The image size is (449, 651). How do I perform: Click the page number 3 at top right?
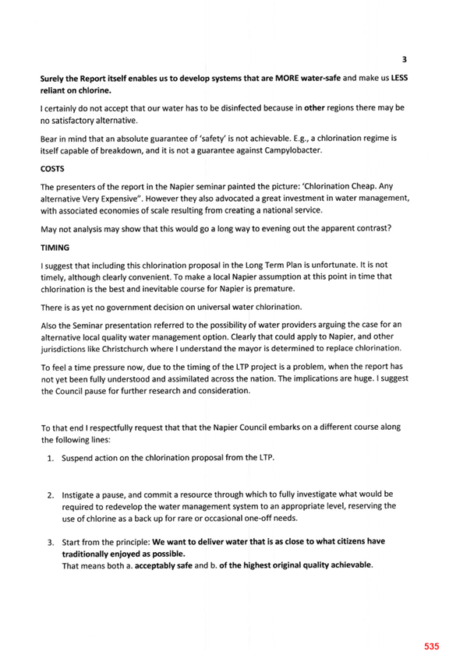(404, 59)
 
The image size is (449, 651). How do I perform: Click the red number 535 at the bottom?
(432, 646)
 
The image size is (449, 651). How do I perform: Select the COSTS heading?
(52, 169)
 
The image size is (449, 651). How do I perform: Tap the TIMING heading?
(55, 248)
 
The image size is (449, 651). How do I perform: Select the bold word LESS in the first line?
(399, 78)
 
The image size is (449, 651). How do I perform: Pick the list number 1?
(51, 459)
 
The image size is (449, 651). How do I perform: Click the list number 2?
(51, 495)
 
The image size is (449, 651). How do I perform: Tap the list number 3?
(51, 542)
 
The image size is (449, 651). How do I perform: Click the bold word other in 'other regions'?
(314, 108)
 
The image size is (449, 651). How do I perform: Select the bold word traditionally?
(85, 554)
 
